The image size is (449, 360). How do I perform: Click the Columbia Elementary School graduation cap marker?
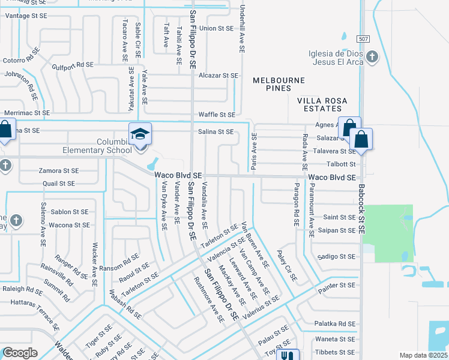(140, 134)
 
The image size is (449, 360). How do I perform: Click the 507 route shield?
(362, 38)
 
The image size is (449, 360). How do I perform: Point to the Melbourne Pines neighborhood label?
(279, 84)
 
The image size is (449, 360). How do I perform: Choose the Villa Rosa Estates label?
(323, 104)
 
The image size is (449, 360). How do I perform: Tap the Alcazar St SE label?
(218, 76)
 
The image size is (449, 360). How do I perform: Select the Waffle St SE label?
(217, 115)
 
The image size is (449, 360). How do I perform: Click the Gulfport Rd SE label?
(73, 65)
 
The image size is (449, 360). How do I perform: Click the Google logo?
(20, 353)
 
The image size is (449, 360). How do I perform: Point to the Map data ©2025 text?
(423, 355)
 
